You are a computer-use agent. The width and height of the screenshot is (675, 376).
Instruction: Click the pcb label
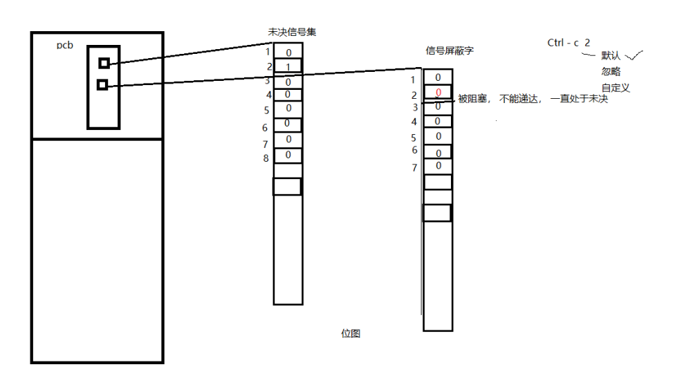coord(65,45)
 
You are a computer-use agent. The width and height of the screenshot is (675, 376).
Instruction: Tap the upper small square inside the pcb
coord(104,63)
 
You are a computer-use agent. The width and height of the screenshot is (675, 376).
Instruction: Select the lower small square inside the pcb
coord(102,84)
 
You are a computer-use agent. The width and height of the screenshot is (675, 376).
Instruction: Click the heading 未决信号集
coord(293,32)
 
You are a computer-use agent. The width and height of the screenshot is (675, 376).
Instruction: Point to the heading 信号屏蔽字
coord(450,51)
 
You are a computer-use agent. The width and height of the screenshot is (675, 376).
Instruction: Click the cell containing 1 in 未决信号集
coord(288,67)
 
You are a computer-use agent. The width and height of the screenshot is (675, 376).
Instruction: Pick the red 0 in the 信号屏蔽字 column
coord(438,93)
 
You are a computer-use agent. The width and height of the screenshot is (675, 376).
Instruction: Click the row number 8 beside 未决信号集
coord(266,158)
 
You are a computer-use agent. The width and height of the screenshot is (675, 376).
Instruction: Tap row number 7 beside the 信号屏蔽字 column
coord(414,168)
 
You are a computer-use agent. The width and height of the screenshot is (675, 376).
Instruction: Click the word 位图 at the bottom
coord(351,333)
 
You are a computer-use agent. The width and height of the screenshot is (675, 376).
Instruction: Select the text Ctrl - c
coord(563,43)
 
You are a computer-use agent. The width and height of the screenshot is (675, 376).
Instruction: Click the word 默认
coord(611,55)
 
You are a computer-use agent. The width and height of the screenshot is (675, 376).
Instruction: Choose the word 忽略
coord(611,71)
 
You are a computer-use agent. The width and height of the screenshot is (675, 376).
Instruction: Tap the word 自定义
coord(616,88)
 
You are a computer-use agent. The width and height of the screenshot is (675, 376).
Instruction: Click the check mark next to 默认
coord(635,55)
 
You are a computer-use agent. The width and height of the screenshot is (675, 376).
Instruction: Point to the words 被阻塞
coord(474,100)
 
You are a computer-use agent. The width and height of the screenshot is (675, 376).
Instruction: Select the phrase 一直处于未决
coord(579,100)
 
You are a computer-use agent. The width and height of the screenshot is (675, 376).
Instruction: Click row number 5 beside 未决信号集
coord(266,110)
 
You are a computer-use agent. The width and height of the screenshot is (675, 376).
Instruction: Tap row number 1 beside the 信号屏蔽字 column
coord(413,79)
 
